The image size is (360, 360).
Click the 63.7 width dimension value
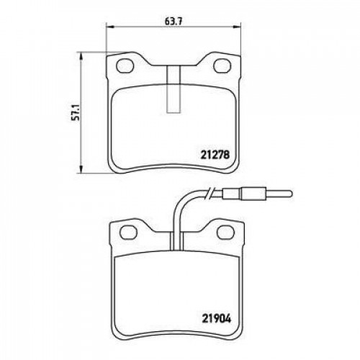(x=174, y=22)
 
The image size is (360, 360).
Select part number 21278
(x=215, y=155)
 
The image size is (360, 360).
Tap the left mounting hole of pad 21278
(x=125, y=66)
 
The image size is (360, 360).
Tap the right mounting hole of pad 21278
(x=222, y=66)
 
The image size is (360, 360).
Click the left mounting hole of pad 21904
(x=128, y=232)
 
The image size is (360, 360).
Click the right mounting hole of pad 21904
(x=225, y=232)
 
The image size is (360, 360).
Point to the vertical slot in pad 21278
(x=174, y=89)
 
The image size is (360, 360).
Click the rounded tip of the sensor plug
(x=291, y=193)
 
